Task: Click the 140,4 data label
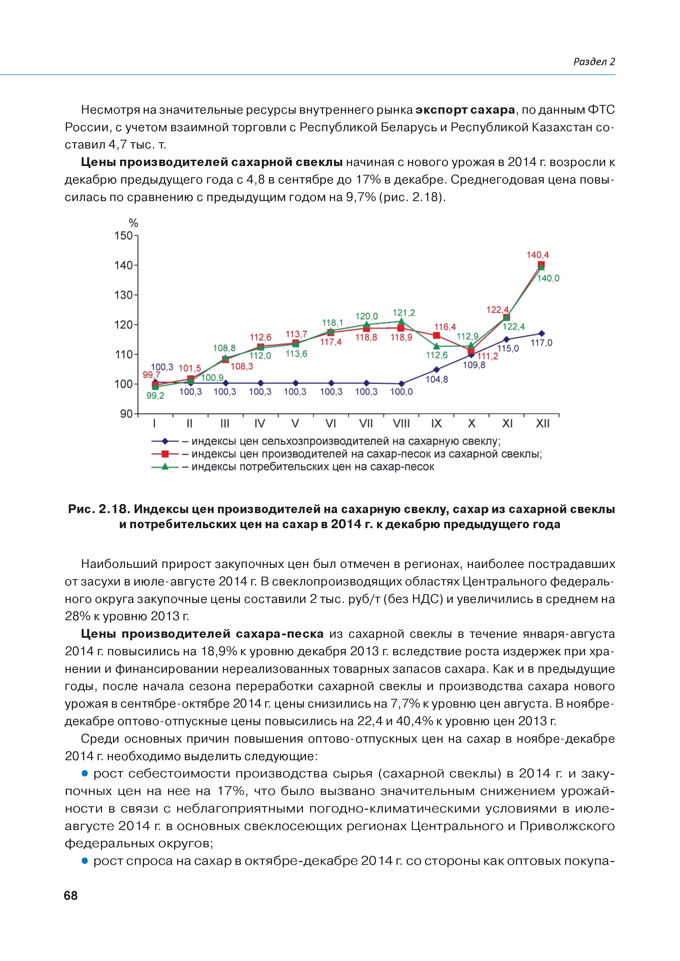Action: click(x=537, y=255)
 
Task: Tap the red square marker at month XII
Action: click(x=541, y=265)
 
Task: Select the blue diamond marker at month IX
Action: click(x=436, y=370)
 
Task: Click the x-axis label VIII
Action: click(x=401, y=424)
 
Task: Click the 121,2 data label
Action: click(x=403, y=313)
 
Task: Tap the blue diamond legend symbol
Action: click(x=165, y=441)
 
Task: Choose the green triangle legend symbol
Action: click(x=165, y=467)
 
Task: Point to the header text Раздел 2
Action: click(x=594, y=62)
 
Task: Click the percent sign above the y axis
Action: click(x=133, y=223)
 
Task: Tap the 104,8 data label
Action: click(x=437, y=379)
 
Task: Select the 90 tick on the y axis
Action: click(x=126, y=414)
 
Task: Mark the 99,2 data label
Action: click(x=155, y=396)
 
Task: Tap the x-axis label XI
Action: click(x=507, y=424)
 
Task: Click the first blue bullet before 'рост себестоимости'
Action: click(x=85, y=774)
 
